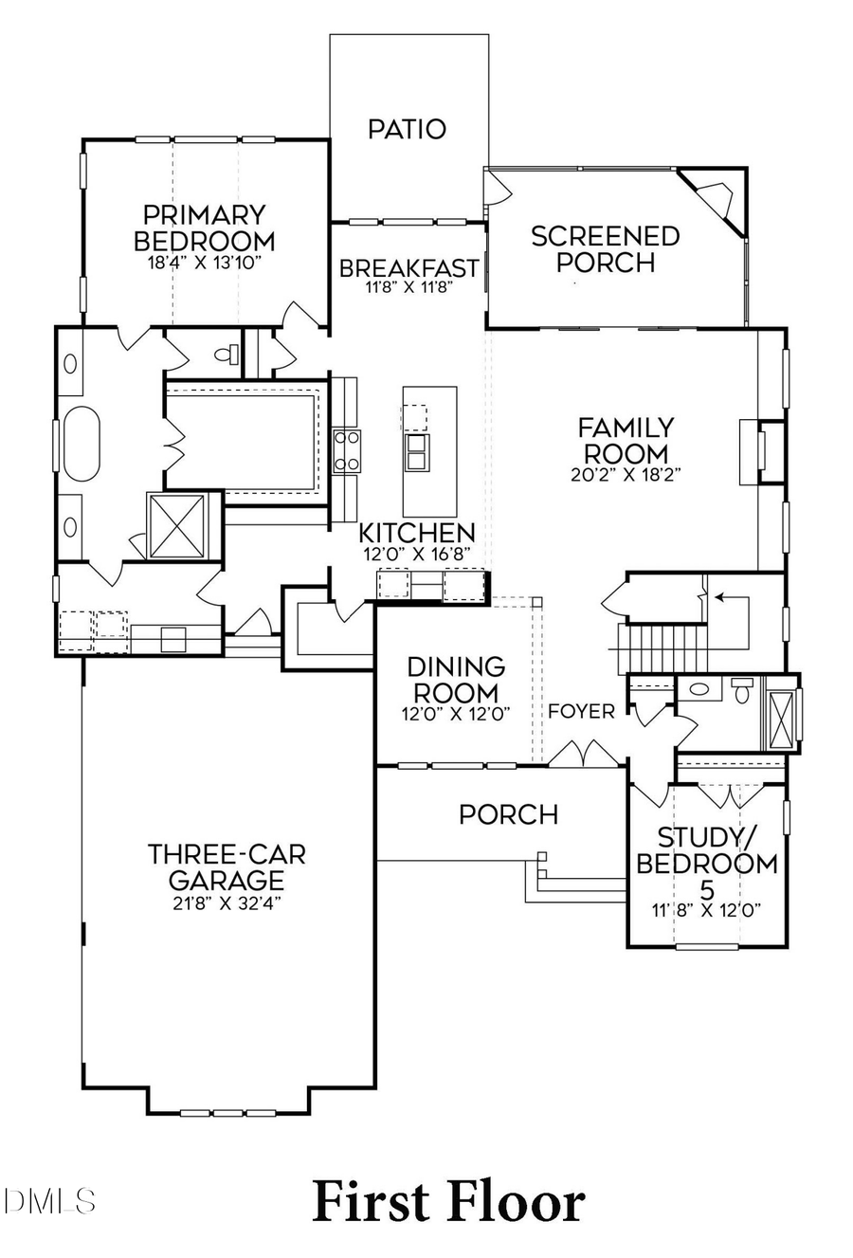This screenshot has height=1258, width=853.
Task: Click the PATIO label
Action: [407, 129]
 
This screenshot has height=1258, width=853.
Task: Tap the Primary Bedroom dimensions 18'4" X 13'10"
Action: [204, 263]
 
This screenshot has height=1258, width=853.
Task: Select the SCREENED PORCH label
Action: [605, 248]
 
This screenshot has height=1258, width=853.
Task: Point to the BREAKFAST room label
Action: [408, 268]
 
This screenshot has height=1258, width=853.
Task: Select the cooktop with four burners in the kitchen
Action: [346, 450]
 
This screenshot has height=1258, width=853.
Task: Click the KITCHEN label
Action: [417, 533]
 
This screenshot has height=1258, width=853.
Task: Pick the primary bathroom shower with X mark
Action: [176, 525]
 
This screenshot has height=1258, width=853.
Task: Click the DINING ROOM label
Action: [456, 680]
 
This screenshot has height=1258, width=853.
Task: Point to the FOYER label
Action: [581, 711]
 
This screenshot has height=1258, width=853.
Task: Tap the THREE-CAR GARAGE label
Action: [227, 866]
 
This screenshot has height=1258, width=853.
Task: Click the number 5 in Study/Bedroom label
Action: [707, 890]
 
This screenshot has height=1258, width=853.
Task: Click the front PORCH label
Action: [508, 814]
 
